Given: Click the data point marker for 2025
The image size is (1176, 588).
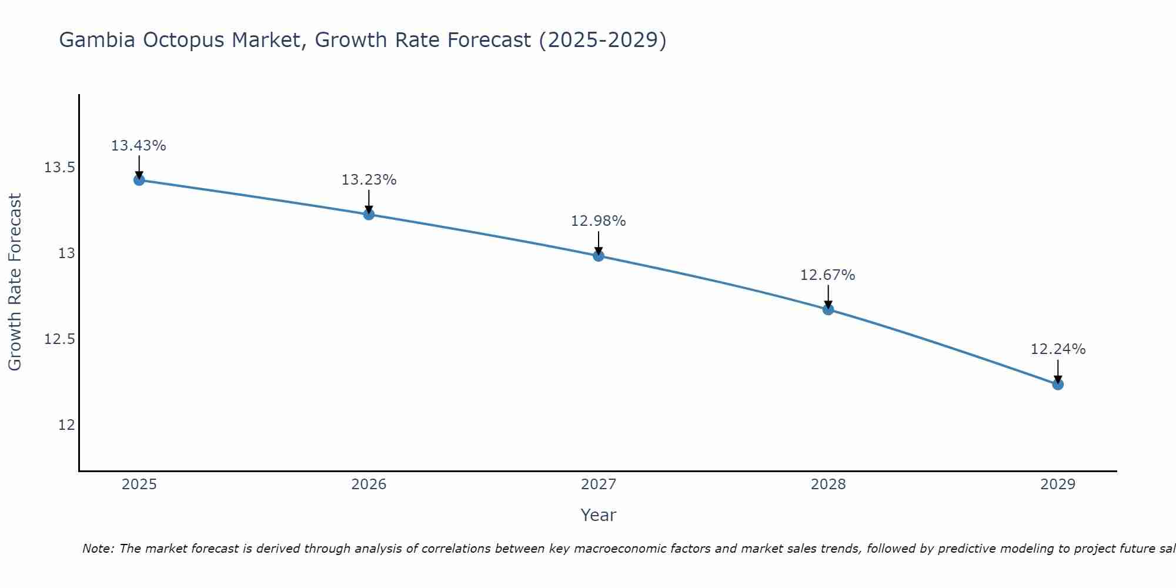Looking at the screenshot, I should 139,180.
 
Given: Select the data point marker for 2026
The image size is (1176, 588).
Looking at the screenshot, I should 369,214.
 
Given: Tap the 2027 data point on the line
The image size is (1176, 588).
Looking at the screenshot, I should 599,256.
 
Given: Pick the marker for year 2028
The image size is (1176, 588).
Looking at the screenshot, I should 828,309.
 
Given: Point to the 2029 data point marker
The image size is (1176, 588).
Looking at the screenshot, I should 1058,385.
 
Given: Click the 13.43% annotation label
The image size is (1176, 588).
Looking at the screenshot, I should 139,146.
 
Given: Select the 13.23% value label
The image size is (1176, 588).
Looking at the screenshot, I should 369,180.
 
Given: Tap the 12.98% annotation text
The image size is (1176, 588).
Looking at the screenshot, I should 599,221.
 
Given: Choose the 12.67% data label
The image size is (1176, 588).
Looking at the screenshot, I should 828,275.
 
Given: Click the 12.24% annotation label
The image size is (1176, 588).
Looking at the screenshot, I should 1058,349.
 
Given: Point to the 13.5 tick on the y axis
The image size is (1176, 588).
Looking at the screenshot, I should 59,168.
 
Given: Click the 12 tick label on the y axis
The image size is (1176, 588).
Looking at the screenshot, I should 66,425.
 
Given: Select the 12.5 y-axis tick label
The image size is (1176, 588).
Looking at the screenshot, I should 59,339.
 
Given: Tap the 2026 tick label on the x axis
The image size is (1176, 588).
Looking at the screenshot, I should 369,485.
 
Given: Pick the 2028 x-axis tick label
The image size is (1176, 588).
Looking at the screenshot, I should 828,485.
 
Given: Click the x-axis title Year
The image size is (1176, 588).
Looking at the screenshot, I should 598,515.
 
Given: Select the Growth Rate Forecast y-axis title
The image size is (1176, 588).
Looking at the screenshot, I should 15,282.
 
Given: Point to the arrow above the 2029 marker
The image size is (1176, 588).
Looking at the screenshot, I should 1058,370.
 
